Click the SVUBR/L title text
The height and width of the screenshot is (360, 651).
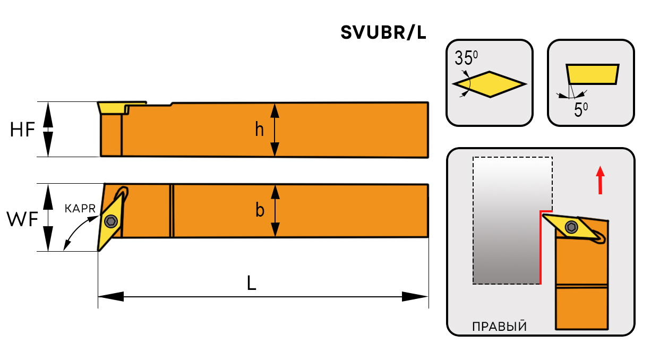pyautogui.click(x=383, y=33)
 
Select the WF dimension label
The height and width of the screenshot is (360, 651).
pyautogui.click(x=22, y=218)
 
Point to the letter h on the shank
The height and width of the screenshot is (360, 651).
pyautogui.click(x=259, y=129)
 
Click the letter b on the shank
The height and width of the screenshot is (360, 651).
pyautogui.click(x=260, y=211)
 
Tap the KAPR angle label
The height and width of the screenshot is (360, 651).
pyautogui.click(x=80, y=209)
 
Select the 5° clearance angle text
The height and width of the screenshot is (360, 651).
pyautogui.click(x=581, y=110)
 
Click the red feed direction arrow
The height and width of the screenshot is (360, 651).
pyautogui.click(x=600, y=180)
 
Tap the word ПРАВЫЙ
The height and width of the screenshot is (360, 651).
pyautogui.click(x=499, y=326)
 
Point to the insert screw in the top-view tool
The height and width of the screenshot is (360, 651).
pyautogui.click(x=111, y=221)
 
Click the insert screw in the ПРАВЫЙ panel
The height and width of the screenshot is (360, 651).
pyautogui.click(x=571, y=227)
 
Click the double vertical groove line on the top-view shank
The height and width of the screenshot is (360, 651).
pyautogui.click(x=172, y=211)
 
